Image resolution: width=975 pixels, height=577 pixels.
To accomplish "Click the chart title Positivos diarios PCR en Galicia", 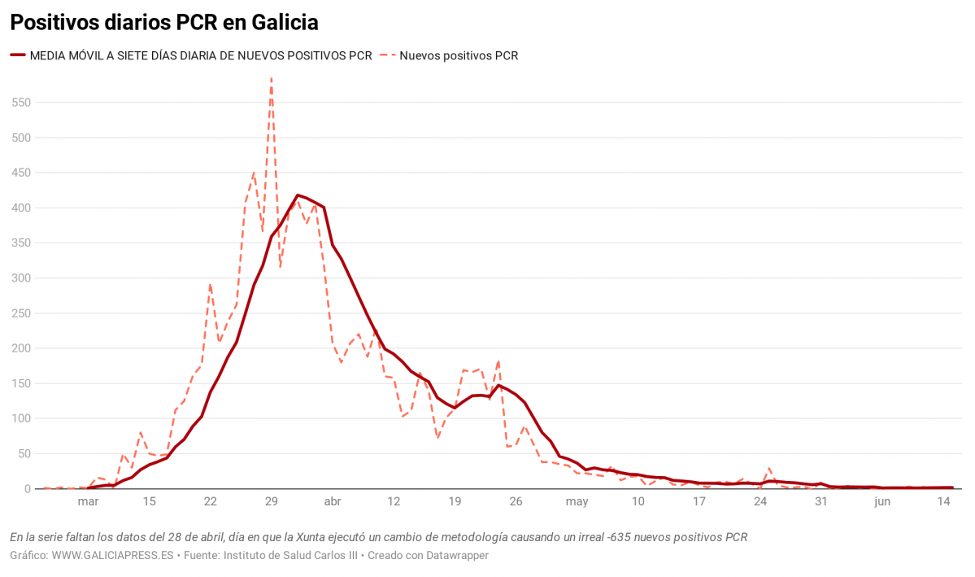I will point(164,22).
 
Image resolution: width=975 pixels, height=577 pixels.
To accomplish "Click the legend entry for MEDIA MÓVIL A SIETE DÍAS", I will point(200,56).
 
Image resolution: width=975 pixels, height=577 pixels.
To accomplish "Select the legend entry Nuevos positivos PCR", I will point(459,56).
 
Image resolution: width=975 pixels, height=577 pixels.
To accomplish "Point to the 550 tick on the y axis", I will point(20,103).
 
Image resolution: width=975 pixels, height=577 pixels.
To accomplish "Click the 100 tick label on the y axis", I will point(20,418).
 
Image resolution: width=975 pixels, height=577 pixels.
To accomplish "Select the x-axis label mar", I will point(88,502).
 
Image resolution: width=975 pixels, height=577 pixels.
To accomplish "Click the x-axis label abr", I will point(333,502).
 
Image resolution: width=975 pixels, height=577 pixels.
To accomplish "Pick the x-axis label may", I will point(577,502).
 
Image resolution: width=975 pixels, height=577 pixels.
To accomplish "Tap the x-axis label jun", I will point(882,502).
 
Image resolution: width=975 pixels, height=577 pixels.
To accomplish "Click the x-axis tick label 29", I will point(272,502).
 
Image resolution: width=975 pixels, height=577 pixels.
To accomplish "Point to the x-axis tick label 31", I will point(821,502).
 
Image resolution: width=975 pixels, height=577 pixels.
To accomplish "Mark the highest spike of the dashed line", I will point(271,79).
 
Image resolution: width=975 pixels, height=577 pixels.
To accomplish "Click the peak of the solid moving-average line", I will point(298,195).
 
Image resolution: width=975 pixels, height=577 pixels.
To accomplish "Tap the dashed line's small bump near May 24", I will point(769,469).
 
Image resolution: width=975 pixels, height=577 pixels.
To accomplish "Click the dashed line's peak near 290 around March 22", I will point(210,285).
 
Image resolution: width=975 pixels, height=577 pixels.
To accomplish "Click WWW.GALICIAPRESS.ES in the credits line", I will point(113,556).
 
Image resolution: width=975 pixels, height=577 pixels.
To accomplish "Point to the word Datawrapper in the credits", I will point(459,556).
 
